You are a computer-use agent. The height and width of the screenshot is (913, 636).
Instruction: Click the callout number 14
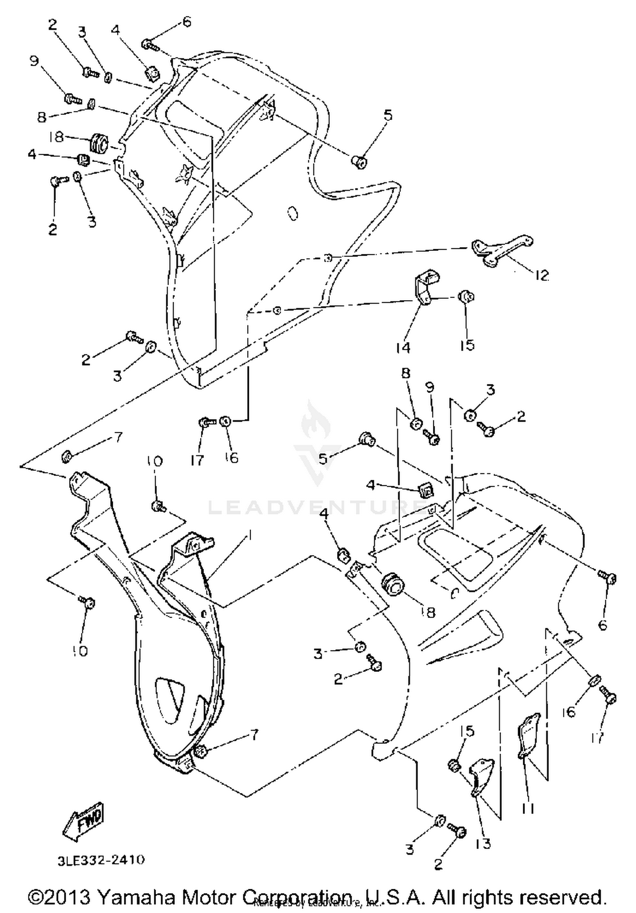point(403,348)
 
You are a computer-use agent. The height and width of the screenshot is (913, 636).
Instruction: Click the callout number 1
point(250,536)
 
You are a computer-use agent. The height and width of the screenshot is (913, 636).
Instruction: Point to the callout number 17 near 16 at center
point(197,460)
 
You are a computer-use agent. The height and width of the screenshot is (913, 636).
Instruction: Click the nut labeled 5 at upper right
point(360,161)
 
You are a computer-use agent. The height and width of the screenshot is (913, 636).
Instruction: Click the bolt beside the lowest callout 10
point(88,601)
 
